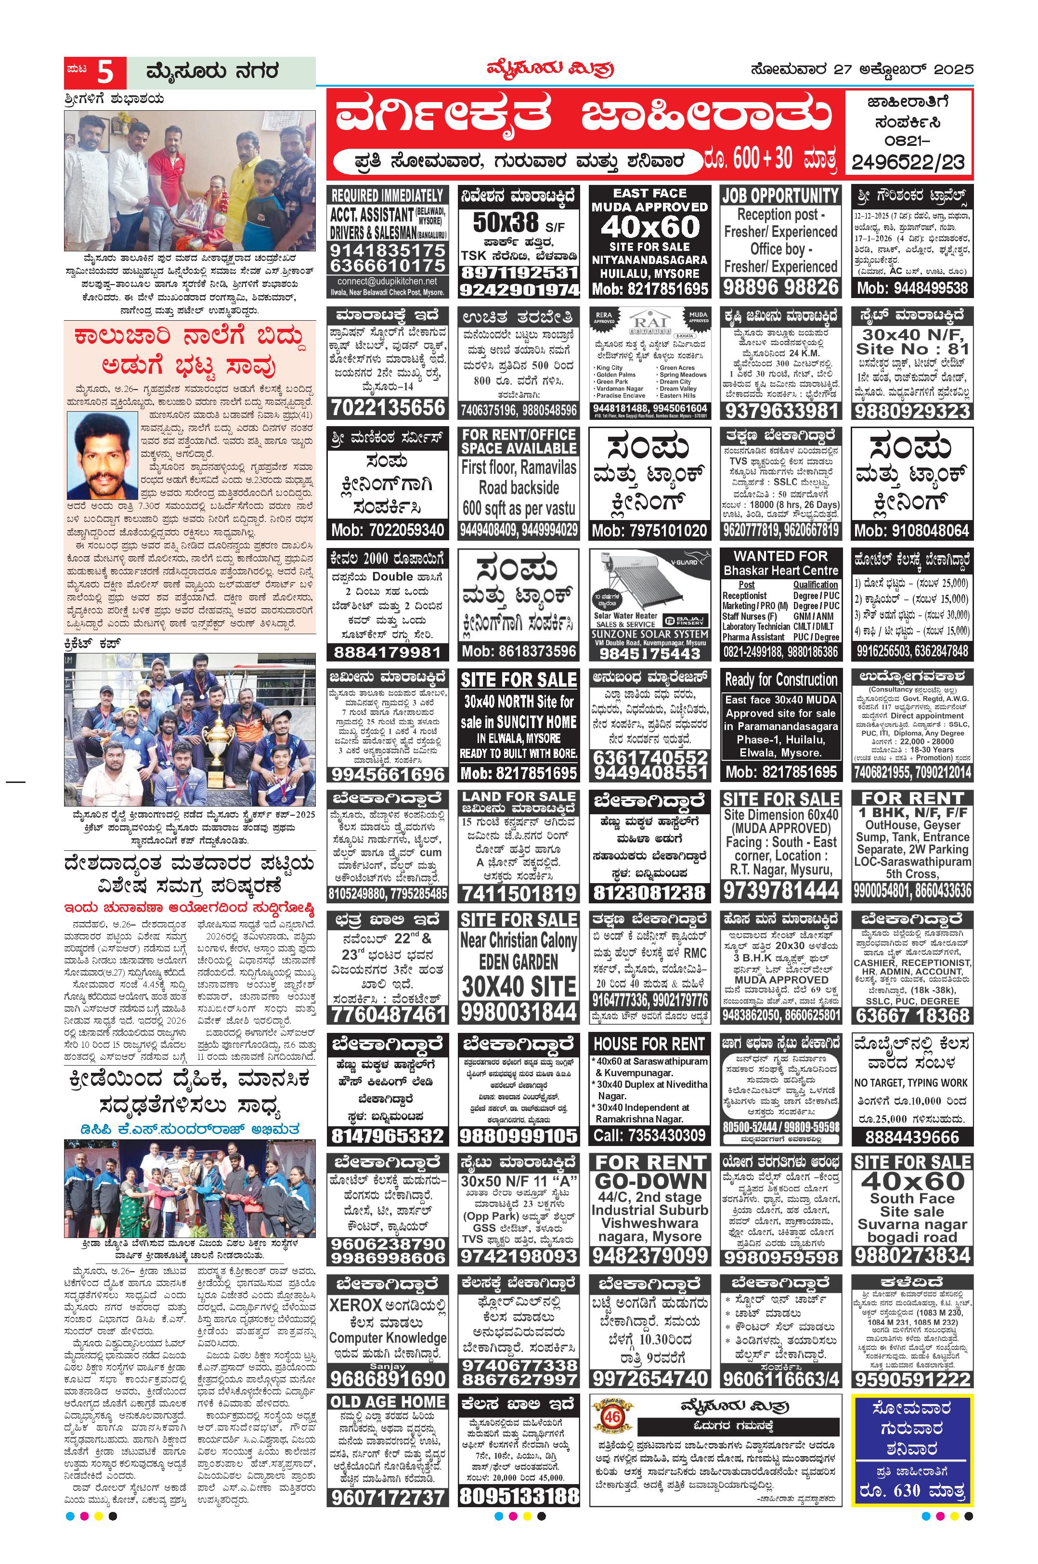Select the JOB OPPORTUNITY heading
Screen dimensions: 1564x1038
pos(780,195)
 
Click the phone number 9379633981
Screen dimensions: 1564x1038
pos(780,411)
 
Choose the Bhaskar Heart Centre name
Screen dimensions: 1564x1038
pos(780,570)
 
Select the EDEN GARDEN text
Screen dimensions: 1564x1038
pos(519,962)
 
